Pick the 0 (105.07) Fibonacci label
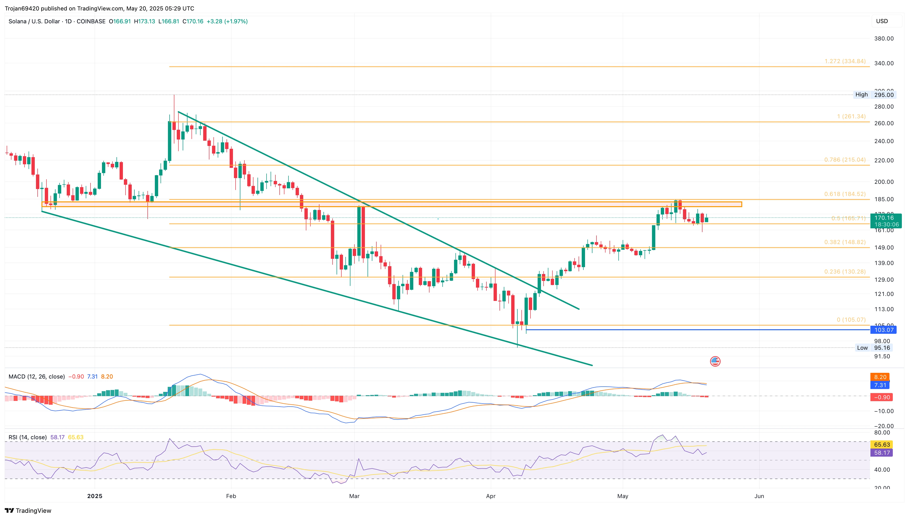click(851, 320)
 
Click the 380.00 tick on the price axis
click(884, 39)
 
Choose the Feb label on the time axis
click(231, 496)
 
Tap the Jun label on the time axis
click(759, 496)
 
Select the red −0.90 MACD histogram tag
click(881, 397)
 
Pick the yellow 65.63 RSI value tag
click(882, 444)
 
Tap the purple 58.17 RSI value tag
click(882, 453)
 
